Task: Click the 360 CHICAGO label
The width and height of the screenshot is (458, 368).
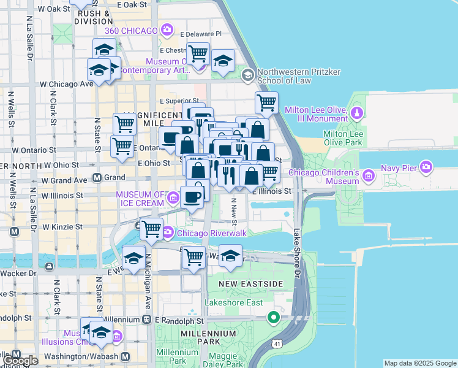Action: [x=132, y=29]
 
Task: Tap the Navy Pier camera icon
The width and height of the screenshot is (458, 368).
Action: [x=427, y=166]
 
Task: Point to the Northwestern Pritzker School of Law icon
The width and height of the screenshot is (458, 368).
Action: [x=247, y=75]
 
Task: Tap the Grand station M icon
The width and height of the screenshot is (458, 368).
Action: [x=97, y=178]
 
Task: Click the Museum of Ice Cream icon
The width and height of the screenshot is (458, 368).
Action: [x=173, y=197]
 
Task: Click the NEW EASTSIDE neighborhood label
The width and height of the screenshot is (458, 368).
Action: [x=251, y=284]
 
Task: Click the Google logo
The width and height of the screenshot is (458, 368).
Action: [x=20, y=361]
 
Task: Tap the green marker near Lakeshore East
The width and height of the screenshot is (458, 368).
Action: [x=274, y=318]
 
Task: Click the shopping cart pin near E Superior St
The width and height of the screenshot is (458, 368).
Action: [x=266, y=103]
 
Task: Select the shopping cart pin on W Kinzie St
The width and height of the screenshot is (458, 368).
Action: [x=151, y=229]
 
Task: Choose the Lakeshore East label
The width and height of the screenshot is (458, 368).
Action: [x=233, y=302]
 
